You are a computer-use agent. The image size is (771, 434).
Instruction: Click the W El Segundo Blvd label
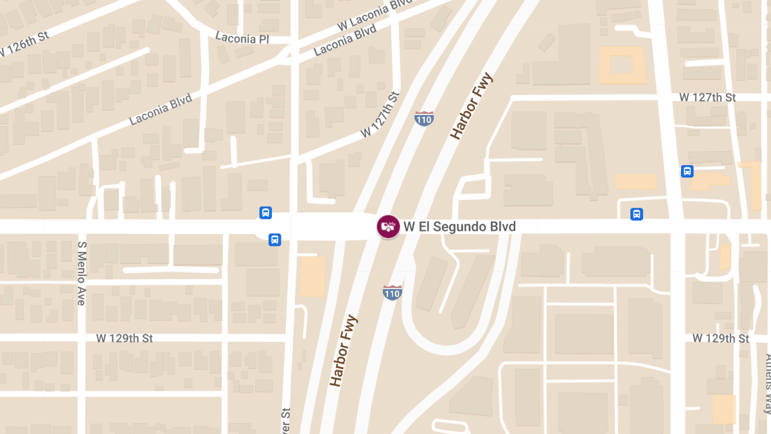click(459, 227)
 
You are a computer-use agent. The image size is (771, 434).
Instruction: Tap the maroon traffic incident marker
click(388, 226)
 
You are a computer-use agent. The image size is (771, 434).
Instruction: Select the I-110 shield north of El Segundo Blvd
click(423, 119)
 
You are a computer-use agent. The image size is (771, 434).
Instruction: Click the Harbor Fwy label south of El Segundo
click(343, 351)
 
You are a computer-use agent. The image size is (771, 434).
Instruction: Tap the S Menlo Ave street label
click(82, 273)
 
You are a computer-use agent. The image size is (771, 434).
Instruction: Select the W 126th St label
click(24, 44)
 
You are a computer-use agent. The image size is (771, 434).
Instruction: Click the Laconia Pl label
click(242, 39)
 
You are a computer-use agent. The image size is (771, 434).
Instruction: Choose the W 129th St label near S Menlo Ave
click(125, 338)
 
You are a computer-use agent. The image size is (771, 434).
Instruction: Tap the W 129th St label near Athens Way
click(721, 338)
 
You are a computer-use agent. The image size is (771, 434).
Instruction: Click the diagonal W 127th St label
click(380, 114)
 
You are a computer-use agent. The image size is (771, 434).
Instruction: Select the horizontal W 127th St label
click(707, 98)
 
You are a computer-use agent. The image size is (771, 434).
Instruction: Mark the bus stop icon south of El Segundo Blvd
click(274, 240)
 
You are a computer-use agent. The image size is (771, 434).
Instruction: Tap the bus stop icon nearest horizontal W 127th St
click(687, 171)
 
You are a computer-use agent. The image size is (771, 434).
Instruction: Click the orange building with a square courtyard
click(622, 65)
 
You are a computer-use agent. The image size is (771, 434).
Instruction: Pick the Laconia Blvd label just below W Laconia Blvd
click(345, 41)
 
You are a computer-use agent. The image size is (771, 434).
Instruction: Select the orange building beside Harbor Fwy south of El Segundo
click(313, 276)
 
